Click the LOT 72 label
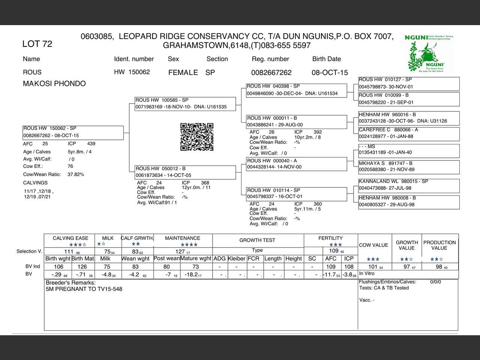[x=37, y=44]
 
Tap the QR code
[x=197, y=137]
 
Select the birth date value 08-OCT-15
[x=330, y=72]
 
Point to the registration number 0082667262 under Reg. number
[x=271, y=72]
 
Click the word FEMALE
[x=183, y=72]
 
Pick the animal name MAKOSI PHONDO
[x=54, y=84]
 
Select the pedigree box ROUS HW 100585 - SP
[x=185, y=104]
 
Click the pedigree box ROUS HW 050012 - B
[x=185, y=172]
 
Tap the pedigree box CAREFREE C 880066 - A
[x=409, y=133]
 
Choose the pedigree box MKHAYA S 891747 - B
[x=409, y=167]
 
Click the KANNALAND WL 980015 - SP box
[x=409, y=185]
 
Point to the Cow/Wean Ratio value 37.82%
[x=76, y=174]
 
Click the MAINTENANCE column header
[x=183, y=238]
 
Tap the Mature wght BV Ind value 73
[x=196, y=267]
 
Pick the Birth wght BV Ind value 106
[x=59, y=267]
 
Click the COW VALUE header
[x=373, y=245]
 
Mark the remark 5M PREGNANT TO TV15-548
[x=84, y=289]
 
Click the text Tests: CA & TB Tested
[x=384, y=288]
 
